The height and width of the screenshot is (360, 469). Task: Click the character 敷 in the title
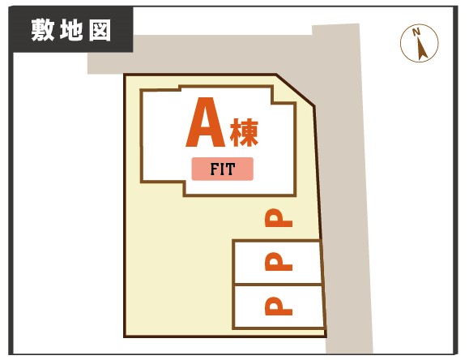click(x=43, y=30)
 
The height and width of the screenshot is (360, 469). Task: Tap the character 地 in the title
click(x=71, y=30)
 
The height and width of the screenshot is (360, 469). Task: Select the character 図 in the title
click(x=100, y=30)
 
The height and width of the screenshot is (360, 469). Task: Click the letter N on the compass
click(x=416, y=32)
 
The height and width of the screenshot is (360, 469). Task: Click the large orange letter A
click(x=206, y=122)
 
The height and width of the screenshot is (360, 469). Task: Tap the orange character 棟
click(x=244, y=133)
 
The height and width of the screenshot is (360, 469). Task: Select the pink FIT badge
click(x=223, y=169)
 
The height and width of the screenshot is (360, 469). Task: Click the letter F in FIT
click(x=215, y=169)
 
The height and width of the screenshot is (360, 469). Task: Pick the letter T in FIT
click(x=231, y=169)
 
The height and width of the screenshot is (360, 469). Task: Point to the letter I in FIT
click(x=223, y=169)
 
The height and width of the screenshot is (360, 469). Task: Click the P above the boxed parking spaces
click(x=279, y=218)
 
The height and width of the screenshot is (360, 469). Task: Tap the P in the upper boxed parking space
click(x=279, y=261)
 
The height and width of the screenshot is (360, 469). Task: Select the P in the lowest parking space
click(x=279, y=306)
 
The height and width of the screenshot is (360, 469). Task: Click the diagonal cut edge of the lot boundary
click(x=295, y=90)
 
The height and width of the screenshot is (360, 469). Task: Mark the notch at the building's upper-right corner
click(x=284, y=95)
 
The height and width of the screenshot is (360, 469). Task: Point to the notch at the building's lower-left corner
click(x=163, y=189)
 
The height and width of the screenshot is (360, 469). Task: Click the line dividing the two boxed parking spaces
click(x=278, y=285)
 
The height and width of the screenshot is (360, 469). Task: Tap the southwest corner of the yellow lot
click(x=125, y=336)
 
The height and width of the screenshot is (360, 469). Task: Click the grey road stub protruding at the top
click(x=335, y=29)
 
